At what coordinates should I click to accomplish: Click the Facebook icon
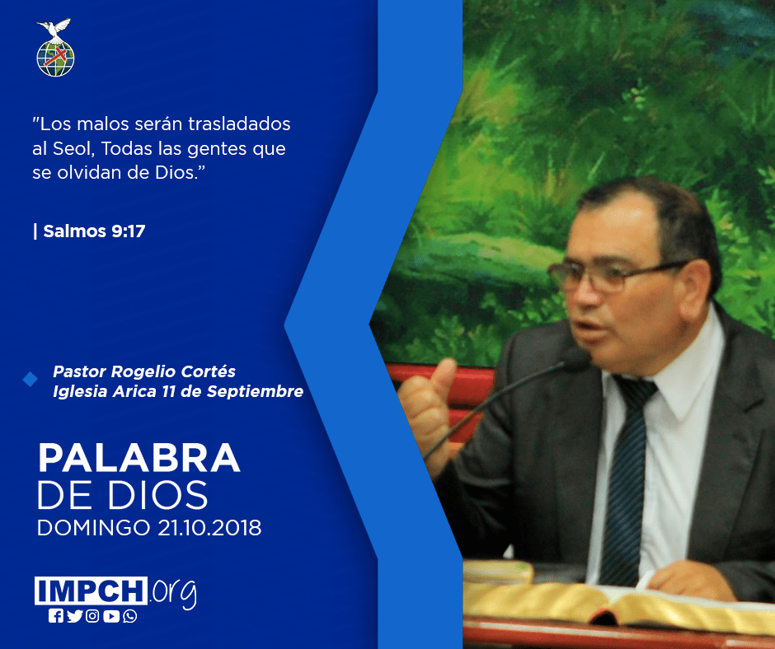pyautogui.click(x=56, y=616)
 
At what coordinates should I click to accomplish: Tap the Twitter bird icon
pyautogui.click(x=74, y=616)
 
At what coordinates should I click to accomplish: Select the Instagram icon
pyautogui.click(x=92, y=616)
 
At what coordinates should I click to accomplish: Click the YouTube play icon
pyautogui.click(x=111, y=616)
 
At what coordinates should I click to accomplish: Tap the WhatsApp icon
pyautogui.click(x=130, y=616)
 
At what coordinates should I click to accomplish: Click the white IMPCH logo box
pyautogui.click(x=91, y=591)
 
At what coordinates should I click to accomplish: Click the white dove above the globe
pyautogui.click(x=54, y=29)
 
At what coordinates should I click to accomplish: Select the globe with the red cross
pyautogui.click(x=55, y=58)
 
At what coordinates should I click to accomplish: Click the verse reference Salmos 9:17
pyautogui.click(x=94, y=231)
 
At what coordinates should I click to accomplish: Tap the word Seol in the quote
pyautogui.click(x=73, y=148)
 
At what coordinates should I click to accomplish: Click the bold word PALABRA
pyautogui.click(x=139, y=459)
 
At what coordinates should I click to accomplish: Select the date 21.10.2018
pyautogui.click(x=209, y=527)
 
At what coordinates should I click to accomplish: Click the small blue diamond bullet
pyautogui.click(x=31, y=380)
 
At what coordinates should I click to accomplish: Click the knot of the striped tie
pyautogui.click(x=636, y=390)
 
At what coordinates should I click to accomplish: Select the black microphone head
pyautogui.click(x=575, y=360)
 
